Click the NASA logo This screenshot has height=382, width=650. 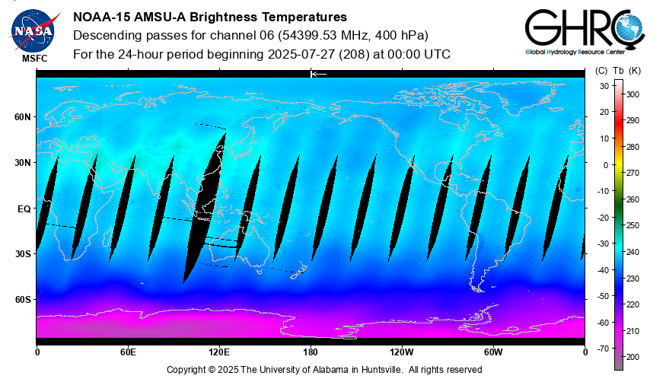33,29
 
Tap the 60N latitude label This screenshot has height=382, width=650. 23,117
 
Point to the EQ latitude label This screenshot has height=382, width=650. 24,209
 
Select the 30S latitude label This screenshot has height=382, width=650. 23,254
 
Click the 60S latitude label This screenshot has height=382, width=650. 23,300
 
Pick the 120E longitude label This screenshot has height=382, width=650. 219,352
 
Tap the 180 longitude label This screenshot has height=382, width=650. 311,352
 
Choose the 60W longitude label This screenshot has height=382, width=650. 493,352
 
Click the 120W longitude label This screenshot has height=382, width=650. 402,352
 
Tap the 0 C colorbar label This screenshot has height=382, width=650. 605,164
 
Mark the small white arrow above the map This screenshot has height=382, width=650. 318,74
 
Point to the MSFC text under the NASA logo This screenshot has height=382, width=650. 33,58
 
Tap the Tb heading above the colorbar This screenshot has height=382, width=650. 618,71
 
